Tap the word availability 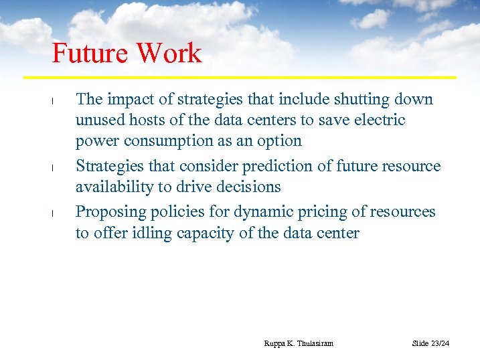click(x=112, y=187)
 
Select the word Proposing click(x=108, y=212)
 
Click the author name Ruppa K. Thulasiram click(x=299, y=343)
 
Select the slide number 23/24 click(x=439, y=343)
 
